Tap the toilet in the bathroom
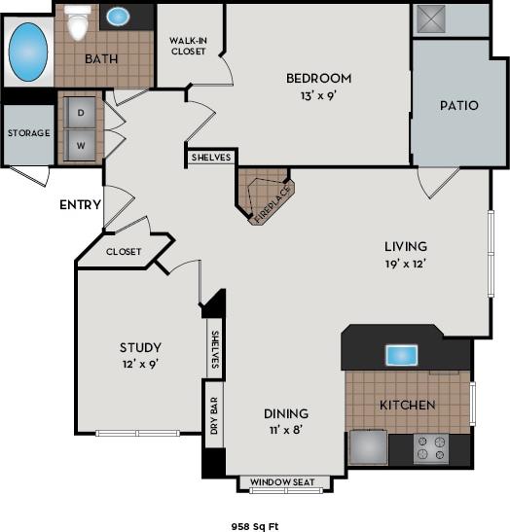point(78,18)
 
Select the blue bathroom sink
point(118,17)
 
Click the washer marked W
point(80,146)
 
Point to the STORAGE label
point(28,133)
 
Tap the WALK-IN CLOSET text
point(188,46)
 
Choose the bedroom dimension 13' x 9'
point(317,96)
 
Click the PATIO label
point(458,105)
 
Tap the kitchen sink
point(401,355)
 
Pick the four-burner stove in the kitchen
point(430,448)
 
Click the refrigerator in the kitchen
point(367,448)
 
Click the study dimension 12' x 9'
point(140,365)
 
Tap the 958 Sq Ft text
point(254,524)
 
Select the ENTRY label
point(79,204)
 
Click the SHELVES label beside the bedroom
point(210,156)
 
